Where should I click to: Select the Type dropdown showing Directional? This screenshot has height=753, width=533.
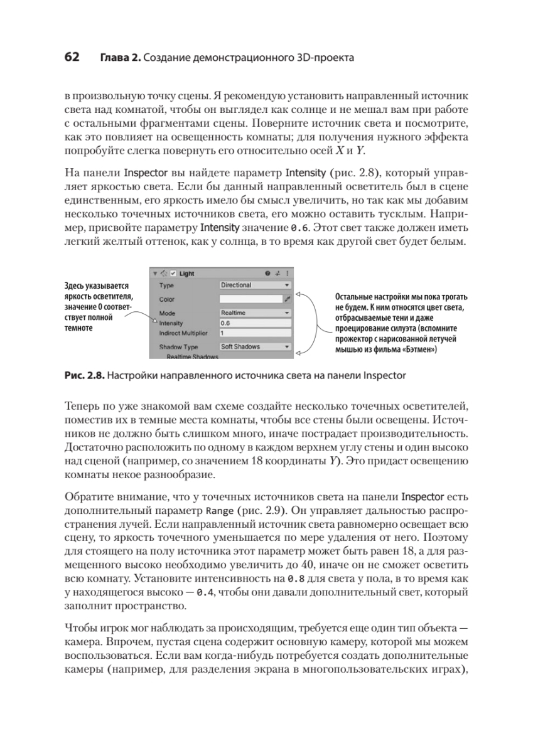coord(255,285)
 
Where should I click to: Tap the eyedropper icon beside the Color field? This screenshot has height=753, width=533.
coord(288,299)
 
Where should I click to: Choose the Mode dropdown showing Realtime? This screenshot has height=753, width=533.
coord(255,312)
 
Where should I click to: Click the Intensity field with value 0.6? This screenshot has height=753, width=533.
coord(255,323)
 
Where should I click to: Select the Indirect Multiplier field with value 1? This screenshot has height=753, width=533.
coord(255,333)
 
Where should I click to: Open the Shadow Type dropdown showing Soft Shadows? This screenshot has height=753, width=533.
coord(255,346)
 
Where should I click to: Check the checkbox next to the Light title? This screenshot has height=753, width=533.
coord(173,274)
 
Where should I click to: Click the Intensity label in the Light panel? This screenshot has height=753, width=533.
coord(171,323)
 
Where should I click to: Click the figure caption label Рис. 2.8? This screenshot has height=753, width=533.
coord(85,376)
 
